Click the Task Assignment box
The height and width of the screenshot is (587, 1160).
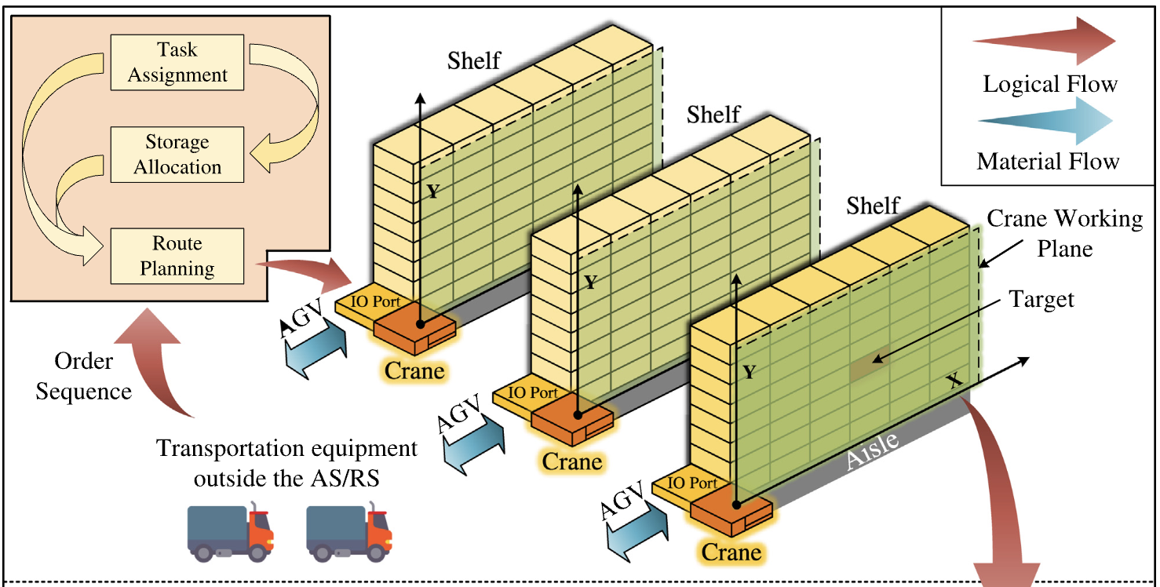pyautogui.click(x=177, y=62)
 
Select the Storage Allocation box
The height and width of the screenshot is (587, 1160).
pyautogui.click(x=177, y=155)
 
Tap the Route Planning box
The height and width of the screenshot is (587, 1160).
pyautogui.click(x=177, y=256)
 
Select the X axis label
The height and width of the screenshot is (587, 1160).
pyautogui.click(x=953, y=381)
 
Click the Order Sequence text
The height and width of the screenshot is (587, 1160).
pyautogui.click(x=83, y=376)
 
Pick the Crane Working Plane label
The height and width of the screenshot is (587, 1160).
pyautogui.click(x=1064, y=232)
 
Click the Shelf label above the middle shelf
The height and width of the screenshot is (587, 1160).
pyautogui.click(x=713, y=115)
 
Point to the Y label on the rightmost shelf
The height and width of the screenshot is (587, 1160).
pyautogui.click(x=749, y=371)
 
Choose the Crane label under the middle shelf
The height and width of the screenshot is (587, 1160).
pyautogui.click(x=573, y=461)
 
